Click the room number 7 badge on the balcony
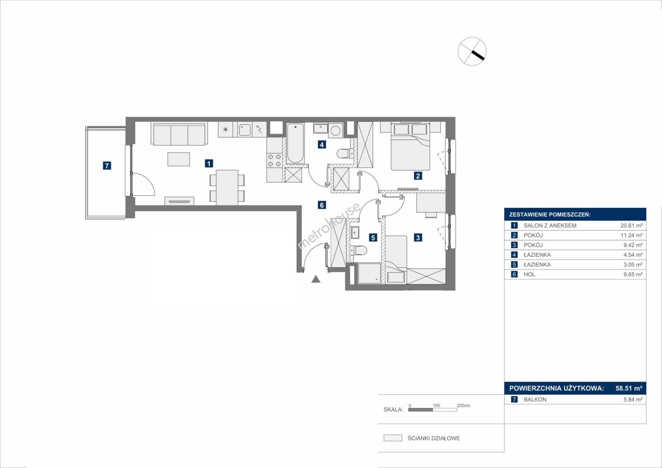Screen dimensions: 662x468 click(107, 166)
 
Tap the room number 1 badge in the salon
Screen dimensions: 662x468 click(209, 163)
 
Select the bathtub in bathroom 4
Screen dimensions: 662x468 click(295, 143)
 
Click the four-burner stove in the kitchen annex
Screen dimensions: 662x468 click(274, 160)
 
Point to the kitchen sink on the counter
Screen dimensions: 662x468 click(245, 130)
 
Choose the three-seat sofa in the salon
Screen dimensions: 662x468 click(179, 134)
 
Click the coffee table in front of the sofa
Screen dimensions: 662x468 click(179, 159)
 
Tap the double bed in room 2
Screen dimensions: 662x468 click(411, 147)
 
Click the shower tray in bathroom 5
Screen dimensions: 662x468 click(369, 273)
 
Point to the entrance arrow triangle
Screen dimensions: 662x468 click(316, 279)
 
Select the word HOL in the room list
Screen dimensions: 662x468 click(530, 274)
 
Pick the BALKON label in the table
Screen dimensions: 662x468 click(535, 400)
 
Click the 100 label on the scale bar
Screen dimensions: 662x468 click(437, 406)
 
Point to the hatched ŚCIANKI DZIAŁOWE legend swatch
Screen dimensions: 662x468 click(393, 438)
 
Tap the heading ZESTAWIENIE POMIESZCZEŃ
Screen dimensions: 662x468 click(550, 215)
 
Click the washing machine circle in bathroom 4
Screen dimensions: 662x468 click(336, 130)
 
